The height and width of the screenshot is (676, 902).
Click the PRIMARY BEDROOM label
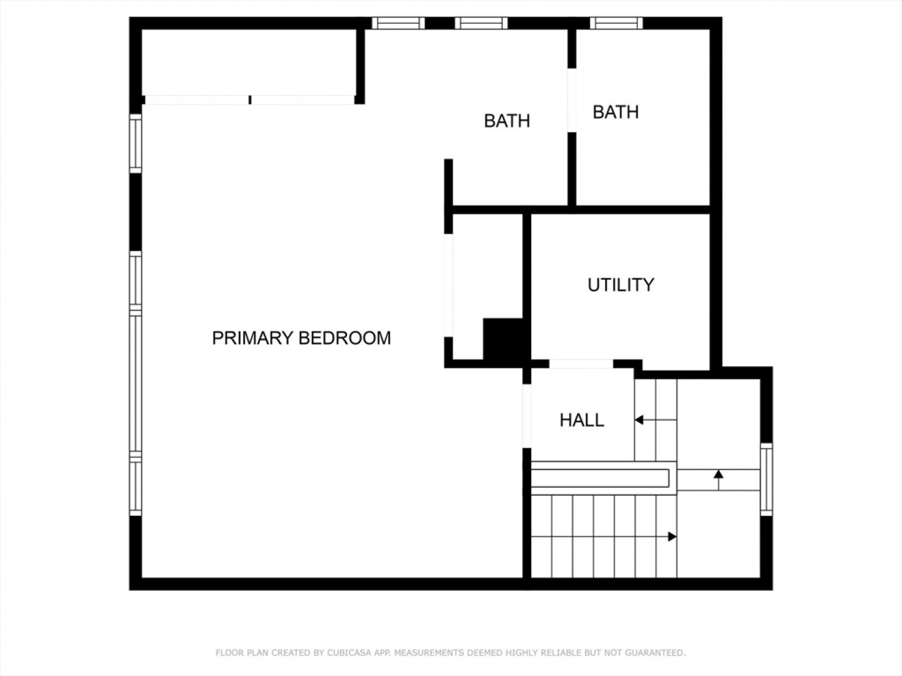(301, 338)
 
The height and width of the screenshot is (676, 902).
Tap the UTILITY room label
(621, 285)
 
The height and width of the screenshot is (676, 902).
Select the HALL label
(582, 420)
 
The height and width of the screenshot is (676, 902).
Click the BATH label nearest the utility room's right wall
(616, 112)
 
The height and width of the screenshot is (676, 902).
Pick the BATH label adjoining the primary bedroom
(507, 121)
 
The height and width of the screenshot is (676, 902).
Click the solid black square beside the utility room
(503, 339)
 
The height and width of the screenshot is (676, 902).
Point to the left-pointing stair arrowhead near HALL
(639, 420)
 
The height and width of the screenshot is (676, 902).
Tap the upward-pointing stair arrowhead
(718, 474)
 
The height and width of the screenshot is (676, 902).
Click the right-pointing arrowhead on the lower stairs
(672, 536)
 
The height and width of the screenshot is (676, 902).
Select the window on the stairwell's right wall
(767, 479)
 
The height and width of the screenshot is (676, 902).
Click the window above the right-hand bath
(616, 23)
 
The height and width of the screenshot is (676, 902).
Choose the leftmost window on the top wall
(398, 23)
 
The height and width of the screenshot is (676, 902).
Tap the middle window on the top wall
(481, 23)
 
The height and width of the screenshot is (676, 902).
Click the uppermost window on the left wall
(135, 144)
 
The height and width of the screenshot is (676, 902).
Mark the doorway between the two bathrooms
(572, 100)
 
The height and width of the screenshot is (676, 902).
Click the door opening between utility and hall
(581, 364)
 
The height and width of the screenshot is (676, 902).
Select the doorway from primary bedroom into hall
(527, 416)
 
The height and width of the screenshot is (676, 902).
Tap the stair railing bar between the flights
(600, 478)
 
